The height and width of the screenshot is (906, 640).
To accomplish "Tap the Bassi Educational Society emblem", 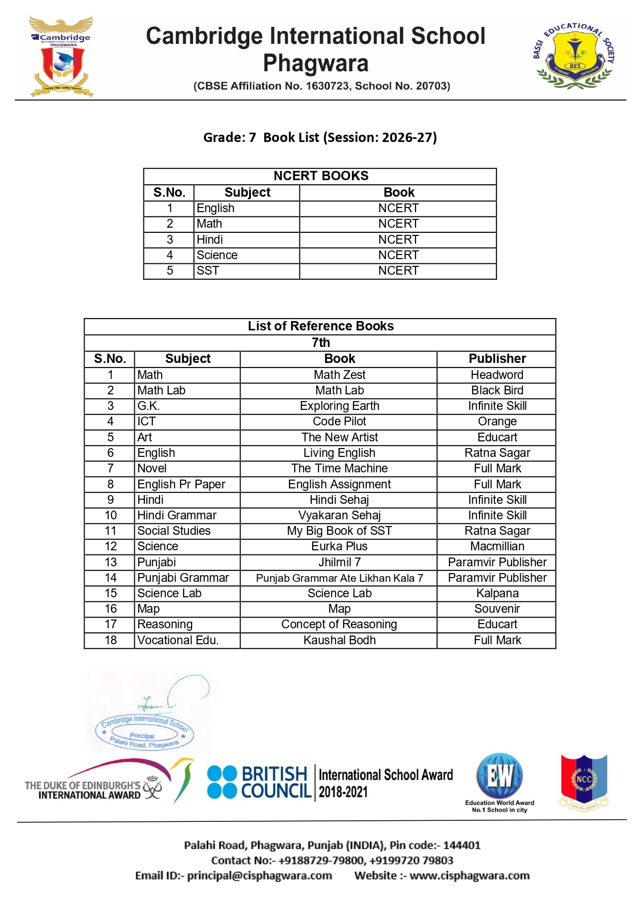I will [x=574, y=55].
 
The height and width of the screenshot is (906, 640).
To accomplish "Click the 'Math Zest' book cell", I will [x=339, y=375].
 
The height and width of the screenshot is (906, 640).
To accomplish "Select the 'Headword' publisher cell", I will [x=497, y=375].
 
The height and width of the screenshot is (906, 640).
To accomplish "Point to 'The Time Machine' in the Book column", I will [x=339, y=468].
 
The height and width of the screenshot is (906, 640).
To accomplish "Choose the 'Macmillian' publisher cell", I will [x=497, y=546].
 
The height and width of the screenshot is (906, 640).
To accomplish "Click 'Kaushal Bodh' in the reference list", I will [x=339, y=640].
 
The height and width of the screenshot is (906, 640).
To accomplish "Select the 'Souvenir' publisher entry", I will [x=497, y=609].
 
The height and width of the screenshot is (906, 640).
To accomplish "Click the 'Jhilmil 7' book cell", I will [x=339, y=562].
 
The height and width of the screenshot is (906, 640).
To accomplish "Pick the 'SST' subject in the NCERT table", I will [x=208, y=271].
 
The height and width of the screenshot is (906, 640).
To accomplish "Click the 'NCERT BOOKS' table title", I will [x=321, y=176].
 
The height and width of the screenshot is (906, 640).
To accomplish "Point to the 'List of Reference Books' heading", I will [x=321, y=326].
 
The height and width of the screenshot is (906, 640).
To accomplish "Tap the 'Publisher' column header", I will [x=497, y=359].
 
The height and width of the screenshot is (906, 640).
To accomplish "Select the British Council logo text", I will [x=276, y=782].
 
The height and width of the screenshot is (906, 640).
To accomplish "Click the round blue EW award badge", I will [x=500, y=776].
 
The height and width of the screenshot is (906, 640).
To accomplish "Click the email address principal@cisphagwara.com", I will [x=259, y=876].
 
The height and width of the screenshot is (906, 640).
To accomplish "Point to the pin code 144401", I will [x=461, y=845].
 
